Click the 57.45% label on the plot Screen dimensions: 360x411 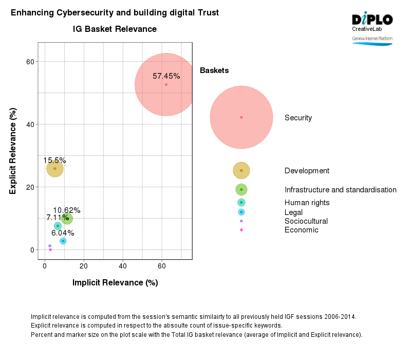(x=166, y=76)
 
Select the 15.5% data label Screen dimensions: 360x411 (x=54, y=160)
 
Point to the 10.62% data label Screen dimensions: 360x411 (x=67, y=210)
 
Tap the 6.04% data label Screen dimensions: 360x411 (x=63, y=233)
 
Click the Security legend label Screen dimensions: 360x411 (x=298, y=118)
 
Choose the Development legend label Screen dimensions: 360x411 (x=307, y=171)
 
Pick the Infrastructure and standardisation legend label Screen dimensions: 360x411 (x=340, y=190)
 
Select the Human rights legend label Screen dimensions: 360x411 (x=307, y=203)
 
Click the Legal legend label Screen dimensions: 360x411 (x=293, y=212)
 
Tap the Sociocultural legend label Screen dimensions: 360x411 (x=306, y=221)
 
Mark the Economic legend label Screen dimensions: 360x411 (x=301, y=230)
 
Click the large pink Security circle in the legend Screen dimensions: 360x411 (x=241, y=117)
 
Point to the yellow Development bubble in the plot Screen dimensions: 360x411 (x=54, y=169)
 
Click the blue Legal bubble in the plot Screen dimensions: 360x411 (x=63, y=241)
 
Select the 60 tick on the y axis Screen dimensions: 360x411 (x=30, y=62)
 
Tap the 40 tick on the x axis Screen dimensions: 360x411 (x=123, y=266)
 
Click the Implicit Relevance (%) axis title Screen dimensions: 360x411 (x=115, y=283)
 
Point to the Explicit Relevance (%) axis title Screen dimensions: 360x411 (x=13, y=151)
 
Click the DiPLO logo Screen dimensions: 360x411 (x=372, y=20)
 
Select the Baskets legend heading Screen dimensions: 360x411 (x=214, y=70)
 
